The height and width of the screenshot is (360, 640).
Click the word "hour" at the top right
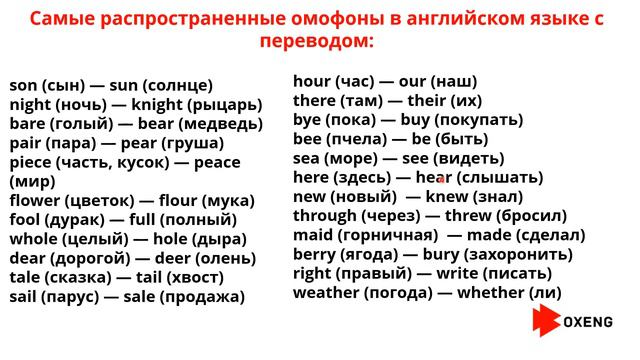312,81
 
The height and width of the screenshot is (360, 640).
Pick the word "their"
420,101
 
